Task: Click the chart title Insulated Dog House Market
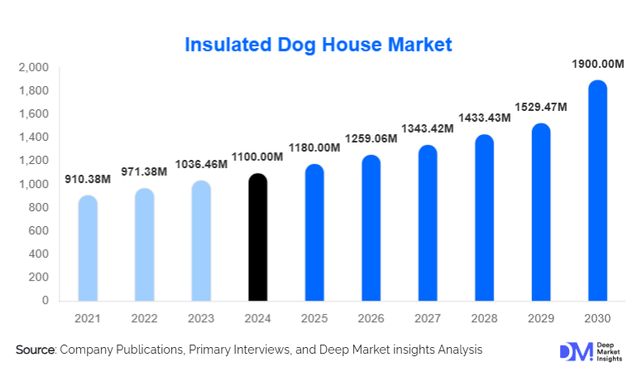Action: coord(319,44)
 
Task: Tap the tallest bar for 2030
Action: coord(596,191)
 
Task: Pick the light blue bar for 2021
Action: coord(88,249)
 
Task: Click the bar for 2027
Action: coord(427,224)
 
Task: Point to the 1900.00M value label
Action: coord(596,64)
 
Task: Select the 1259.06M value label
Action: coord(371,138)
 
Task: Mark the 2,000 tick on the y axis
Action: coord(33,67)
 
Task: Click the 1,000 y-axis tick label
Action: coord(33,184)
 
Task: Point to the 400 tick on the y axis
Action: coord(39,254)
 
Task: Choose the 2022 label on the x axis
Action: coord(144,317)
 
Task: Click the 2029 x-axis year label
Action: coord(540,317)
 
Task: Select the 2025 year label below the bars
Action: coord(314,317)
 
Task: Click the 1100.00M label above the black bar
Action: coord(257,156)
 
